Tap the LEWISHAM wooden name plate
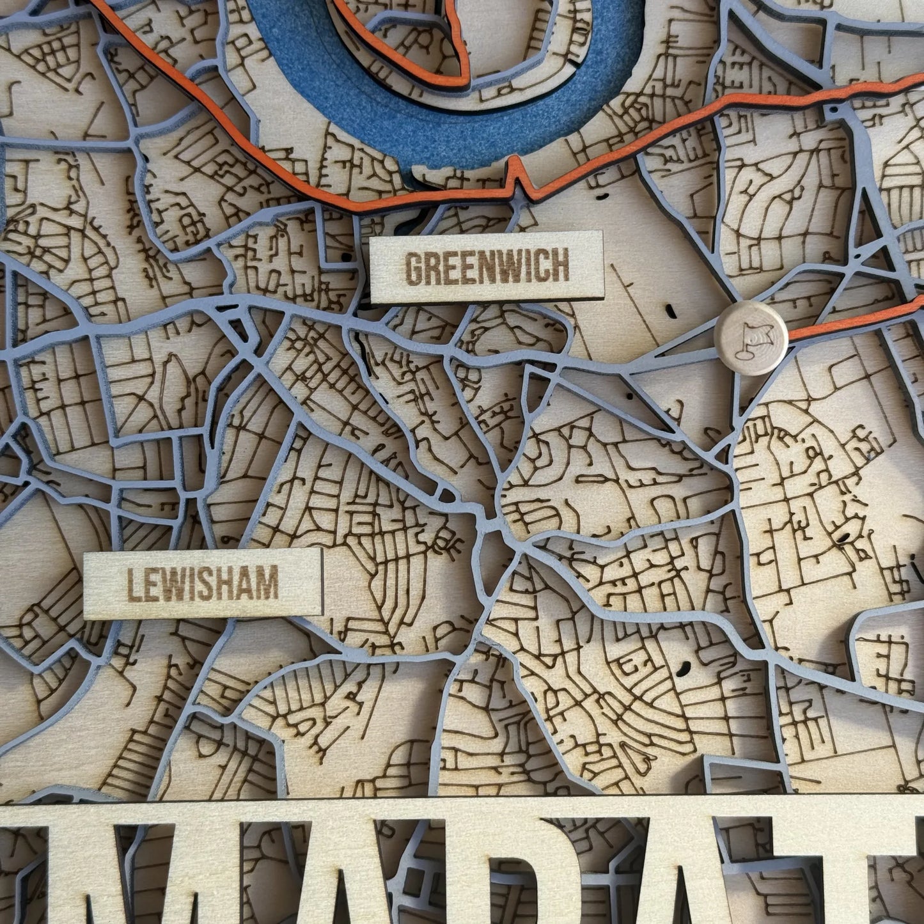point(203,583)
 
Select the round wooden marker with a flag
point(751,338)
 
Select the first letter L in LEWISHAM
point(133,584)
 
